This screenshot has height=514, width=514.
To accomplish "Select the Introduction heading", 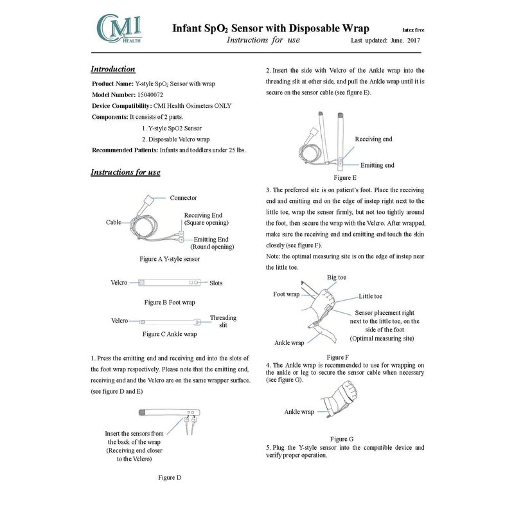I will click(112, 69).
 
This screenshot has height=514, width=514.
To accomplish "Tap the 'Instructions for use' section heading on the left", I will click(125, 172).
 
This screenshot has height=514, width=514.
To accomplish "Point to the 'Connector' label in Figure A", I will click(183, 198).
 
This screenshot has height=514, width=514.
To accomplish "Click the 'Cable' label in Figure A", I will click(114, 222).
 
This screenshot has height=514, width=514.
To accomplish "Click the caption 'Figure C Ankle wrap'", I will click(169, 334).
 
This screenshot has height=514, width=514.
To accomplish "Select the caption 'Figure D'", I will click(170, 477).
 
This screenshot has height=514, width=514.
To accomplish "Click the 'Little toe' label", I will click(370, 296).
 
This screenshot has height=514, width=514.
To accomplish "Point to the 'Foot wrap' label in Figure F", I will click(287, 295).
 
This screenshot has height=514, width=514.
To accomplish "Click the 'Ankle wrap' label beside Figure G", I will click(299, 412).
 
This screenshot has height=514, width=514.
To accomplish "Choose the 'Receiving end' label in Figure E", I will click(373, 139).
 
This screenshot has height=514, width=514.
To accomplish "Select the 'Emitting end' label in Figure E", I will click(377, 165).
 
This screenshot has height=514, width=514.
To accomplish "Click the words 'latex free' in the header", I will click(412, 30).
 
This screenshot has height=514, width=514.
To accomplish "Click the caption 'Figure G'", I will click(341, 439).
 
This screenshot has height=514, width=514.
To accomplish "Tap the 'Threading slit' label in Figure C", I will click(223, 321).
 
